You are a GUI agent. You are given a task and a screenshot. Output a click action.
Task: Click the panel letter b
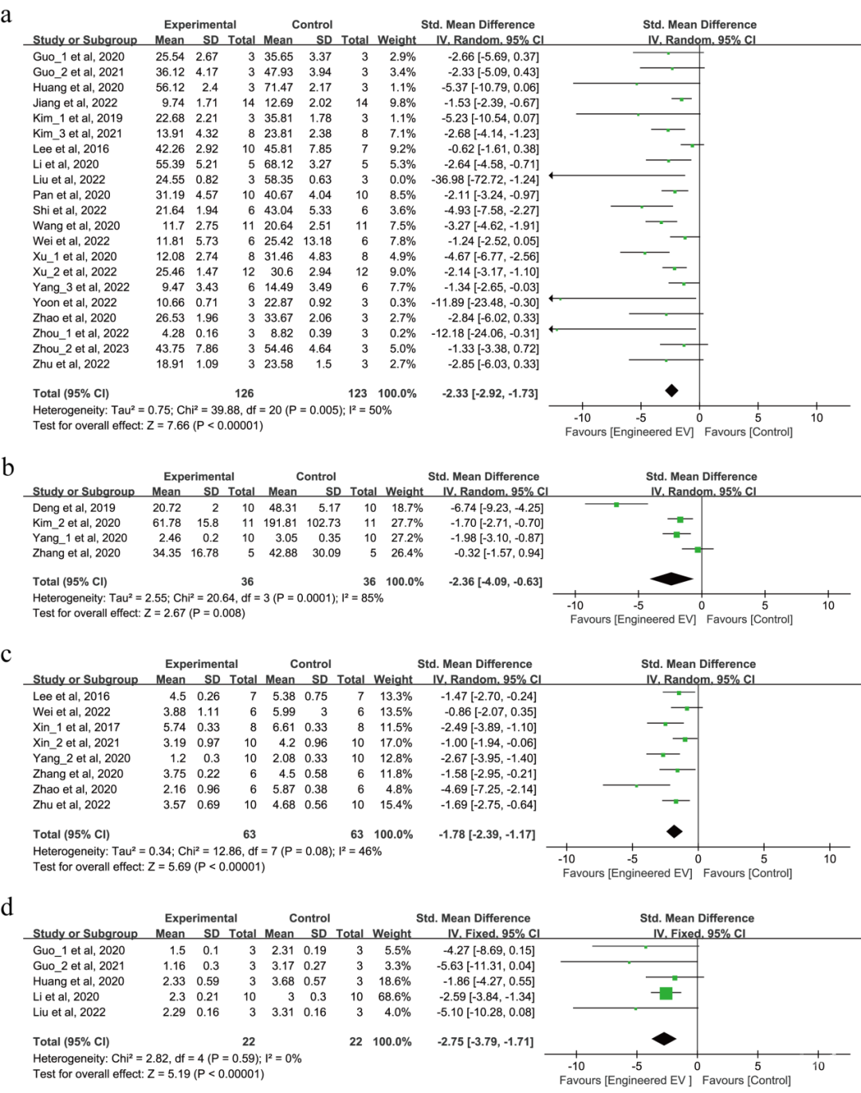coord(7,467)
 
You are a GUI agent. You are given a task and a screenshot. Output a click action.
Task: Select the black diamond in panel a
coord(671,391)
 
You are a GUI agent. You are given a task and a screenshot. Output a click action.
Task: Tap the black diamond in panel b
coord(671,579)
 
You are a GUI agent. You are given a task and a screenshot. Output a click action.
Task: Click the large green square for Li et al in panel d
coord(666,993)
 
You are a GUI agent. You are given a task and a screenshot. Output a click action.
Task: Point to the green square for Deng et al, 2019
coord(616,505)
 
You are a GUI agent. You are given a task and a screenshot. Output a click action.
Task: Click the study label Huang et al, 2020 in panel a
coord(78,88)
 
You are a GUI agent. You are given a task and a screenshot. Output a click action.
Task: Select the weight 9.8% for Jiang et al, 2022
coord(403,103)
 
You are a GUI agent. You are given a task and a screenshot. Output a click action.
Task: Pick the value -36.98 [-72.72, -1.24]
coord(485,179)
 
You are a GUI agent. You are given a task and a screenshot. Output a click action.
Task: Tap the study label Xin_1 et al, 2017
coord(77,727)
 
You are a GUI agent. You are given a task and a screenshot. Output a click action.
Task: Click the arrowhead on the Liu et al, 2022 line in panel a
coord(552,175)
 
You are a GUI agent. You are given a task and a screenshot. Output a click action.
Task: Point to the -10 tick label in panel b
coord(575,605)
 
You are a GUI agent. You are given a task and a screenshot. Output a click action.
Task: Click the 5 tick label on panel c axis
coord(764,859)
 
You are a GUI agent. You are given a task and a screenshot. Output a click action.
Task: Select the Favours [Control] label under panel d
coord(746,1079)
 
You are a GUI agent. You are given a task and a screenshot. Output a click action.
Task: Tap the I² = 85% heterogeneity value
coord(364,598)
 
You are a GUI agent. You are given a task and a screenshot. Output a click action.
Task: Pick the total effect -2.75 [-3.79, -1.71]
coord(485,1041)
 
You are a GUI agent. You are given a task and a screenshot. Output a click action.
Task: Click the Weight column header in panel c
coord(393,679)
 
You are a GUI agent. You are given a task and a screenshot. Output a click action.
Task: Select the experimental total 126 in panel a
coord(244,393)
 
